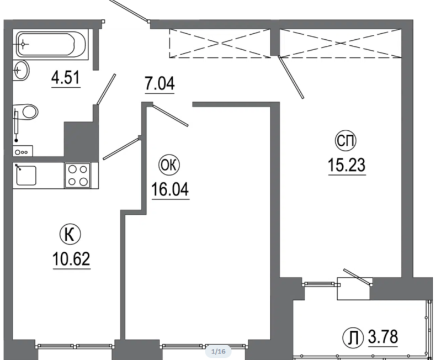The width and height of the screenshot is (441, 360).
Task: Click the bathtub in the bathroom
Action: click(x=51, y=44)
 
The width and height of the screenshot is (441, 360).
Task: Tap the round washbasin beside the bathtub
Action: click(x=21, y=70)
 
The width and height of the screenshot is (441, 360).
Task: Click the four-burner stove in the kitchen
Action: click(x=78, y=175)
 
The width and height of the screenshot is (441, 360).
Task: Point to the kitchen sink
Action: click(x=26, y=176)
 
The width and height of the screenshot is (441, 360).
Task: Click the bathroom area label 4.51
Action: click(x=66, y=78)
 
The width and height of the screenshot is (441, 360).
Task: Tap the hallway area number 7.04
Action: click(x=160, y=84)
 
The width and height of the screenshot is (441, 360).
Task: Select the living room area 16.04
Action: click(x=170, y=189)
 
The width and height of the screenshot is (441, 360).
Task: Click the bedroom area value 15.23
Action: click(x=347, y=165)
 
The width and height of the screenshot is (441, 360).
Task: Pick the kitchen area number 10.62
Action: click(x=71, y=259)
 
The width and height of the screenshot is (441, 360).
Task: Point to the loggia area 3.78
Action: click(x=383, y=337)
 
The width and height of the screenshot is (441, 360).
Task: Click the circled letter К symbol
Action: click(x=70, y=235)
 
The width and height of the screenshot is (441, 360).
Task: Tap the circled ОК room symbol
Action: click(x=169, y=166)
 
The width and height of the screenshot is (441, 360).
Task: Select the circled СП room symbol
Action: click(x=346, y=141)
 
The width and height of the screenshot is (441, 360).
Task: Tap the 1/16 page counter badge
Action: click(x=218, y=351)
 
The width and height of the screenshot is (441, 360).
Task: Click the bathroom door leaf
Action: click(x=106, y=89)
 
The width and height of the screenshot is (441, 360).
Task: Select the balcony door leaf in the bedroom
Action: click(x=357, y=277)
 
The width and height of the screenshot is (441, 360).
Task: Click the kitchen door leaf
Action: click(x=121, y=149)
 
